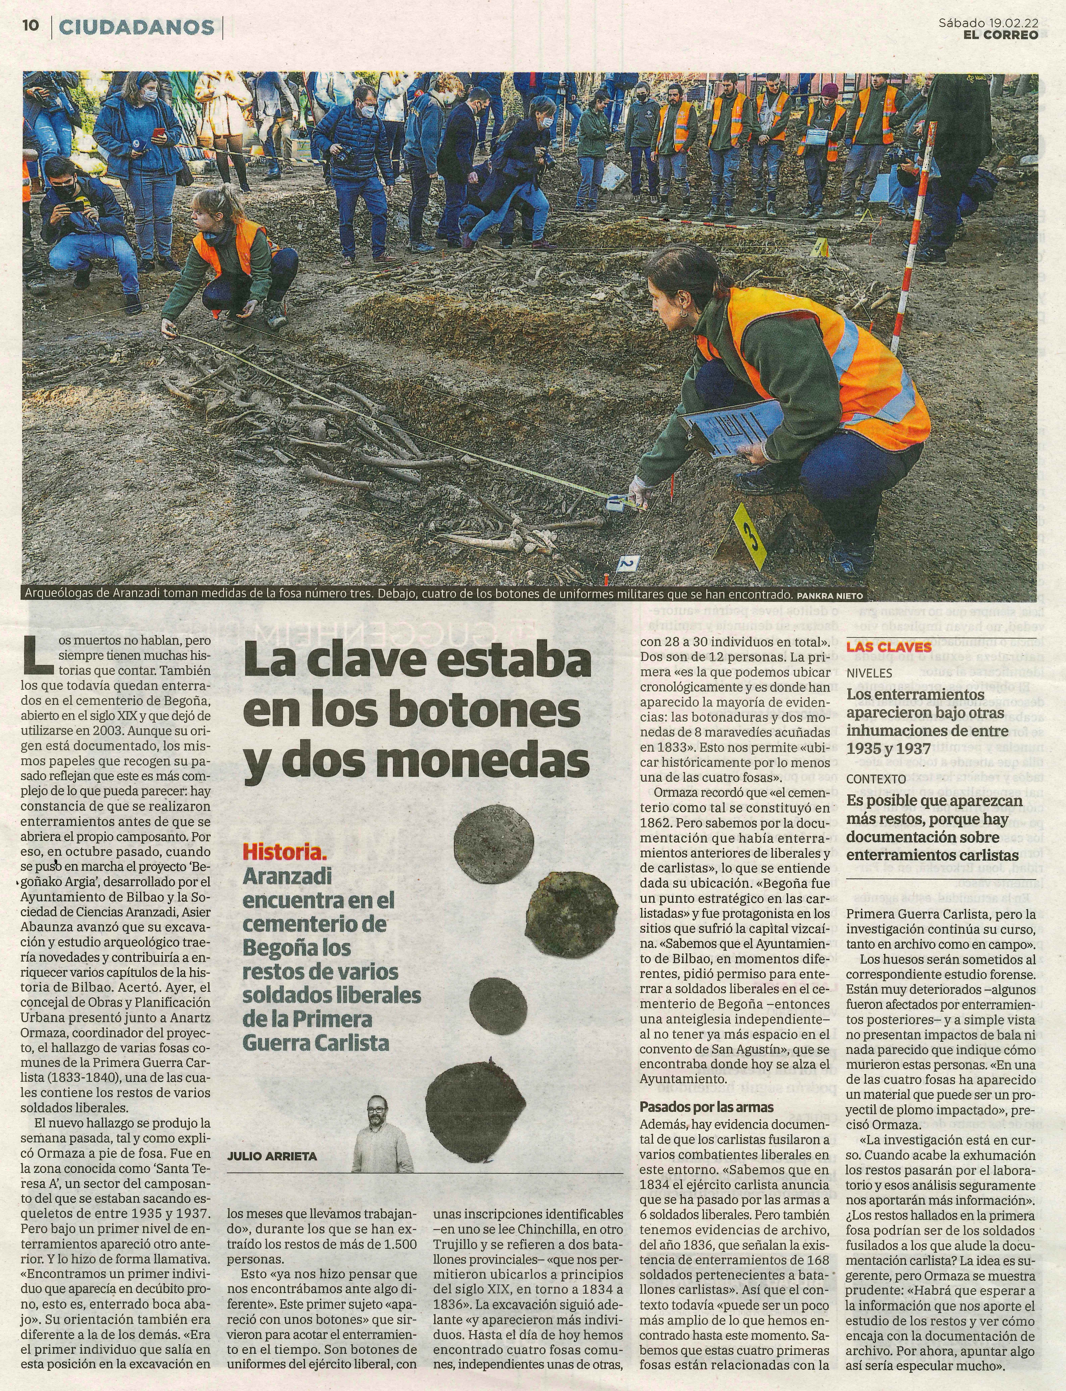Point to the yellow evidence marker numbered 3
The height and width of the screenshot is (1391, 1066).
750,536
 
